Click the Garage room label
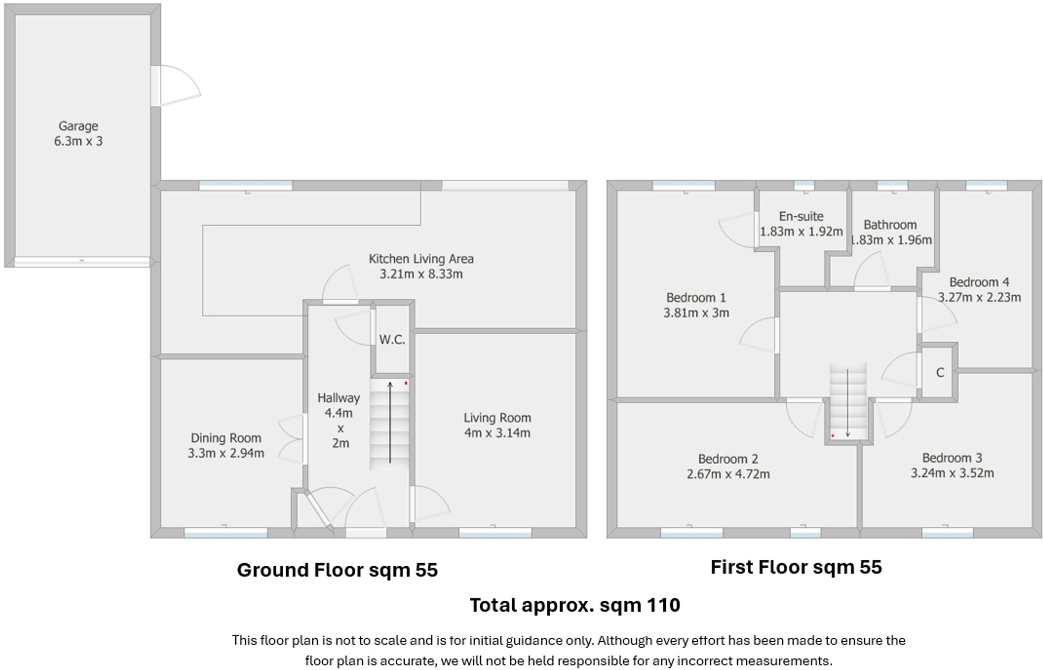[78, 126]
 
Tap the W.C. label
[392, 340]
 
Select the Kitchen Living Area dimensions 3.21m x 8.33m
[421, 274]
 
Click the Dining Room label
[226, 438]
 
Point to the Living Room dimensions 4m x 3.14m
[497, 433]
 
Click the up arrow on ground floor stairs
[390, 422]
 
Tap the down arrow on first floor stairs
[848, 404]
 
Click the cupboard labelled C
[940, 373]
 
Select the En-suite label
[801, 216]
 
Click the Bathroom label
[890, 225]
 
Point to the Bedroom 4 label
[979, 282]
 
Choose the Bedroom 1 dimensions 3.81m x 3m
[696, 313]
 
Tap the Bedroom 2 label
[728, 459]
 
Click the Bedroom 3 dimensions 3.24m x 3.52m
[952, 473]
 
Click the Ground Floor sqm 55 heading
[337, 570]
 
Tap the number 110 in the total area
[663, 605]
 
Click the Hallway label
[338, 398]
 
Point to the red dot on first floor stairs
[833, 435]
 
